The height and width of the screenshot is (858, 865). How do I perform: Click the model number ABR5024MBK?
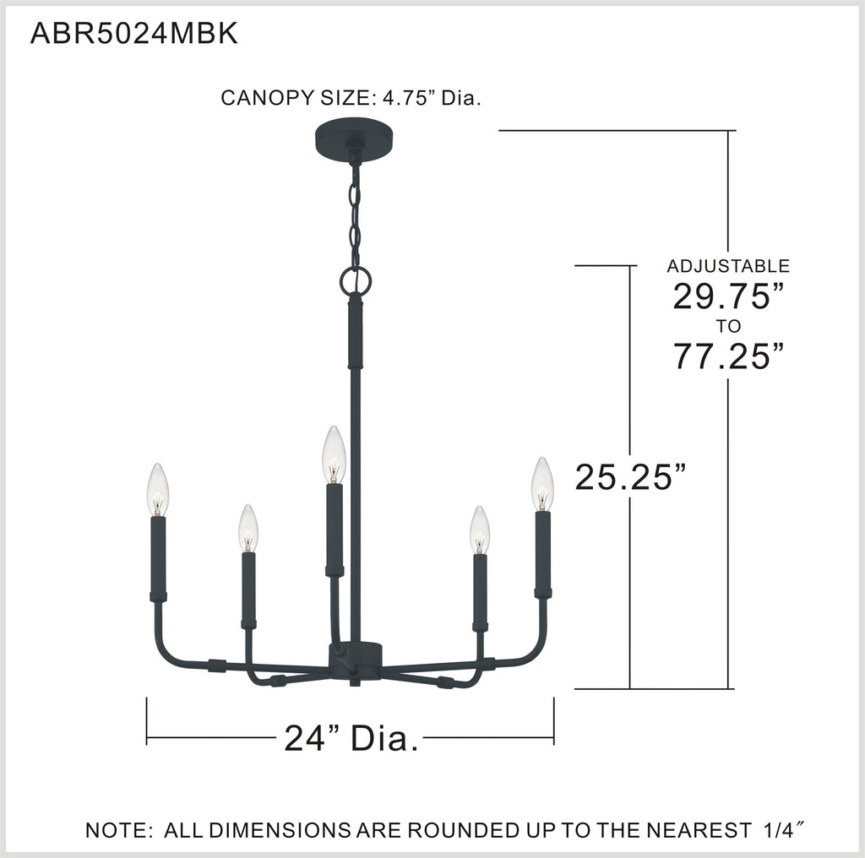(x=134, y=34)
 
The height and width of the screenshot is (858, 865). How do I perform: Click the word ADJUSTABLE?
(x=728, y=266)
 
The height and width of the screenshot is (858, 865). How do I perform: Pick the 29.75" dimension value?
(x=728, y=296)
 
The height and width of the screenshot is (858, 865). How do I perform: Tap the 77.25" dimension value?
(x=728, y=356)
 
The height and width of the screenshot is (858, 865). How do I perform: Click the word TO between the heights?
(x=728, y=327)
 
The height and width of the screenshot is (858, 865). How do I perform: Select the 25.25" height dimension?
(x=630, y=476)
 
